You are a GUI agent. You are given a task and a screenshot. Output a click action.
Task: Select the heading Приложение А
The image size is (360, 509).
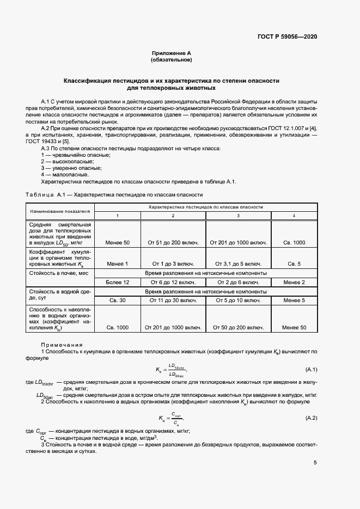(172, 53)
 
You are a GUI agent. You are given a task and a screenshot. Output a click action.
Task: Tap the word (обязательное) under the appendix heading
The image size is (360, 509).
(172, 60)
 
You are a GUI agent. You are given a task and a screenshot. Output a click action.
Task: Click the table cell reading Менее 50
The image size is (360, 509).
(118, 242)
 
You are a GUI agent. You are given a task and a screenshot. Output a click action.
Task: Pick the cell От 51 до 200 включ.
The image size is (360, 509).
(172, 242)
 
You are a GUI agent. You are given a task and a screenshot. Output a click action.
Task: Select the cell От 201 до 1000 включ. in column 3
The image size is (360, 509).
(238, 242)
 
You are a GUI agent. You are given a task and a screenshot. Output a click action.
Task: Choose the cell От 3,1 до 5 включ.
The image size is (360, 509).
(238, 264)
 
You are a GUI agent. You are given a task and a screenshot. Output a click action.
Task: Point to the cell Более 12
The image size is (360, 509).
(118, 282)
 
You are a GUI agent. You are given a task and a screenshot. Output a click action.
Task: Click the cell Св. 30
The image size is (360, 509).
(118, 300)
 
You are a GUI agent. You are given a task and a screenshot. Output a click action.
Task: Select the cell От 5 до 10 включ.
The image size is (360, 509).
(238, 300)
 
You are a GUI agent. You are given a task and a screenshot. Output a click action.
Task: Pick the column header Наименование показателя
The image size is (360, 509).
(60, 211)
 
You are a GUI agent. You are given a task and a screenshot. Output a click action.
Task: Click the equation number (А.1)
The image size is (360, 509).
(312, 370)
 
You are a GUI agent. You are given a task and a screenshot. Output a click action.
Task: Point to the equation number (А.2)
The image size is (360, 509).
(312, 418)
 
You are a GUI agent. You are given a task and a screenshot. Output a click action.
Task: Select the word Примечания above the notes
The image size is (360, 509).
(62, 345)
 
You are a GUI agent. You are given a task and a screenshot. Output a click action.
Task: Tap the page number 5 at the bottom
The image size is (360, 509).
(315, 463)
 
